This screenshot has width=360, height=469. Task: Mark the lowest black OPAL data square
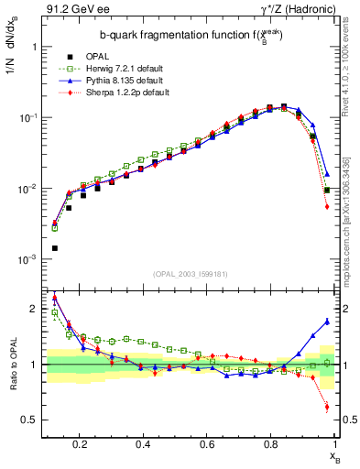click(55, 248)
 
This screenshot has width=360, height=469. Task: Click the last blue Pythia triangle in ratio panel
click(327, 321)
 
